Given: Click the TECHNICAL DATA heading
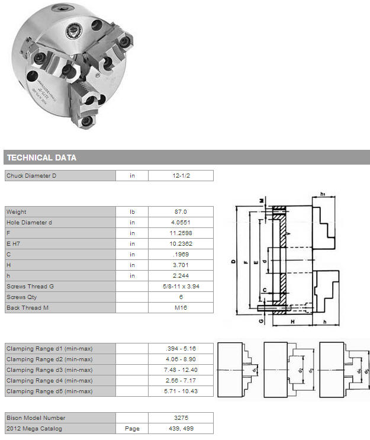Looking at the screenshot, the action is tap(42, 158).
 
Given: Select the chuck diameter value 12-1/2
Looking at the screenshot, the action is tap(181, 176).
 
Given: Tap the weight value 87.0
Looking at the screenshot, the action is tap(181, 211).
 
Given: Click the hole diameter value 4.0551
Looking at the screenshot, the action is tap(181, 222).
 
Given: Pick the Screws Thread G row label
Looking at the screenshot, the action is tap(30, 286).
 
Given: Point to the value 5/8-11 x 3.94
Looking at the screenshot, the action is tap(181, 286).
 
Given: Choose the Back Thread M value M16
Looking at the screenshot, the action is tap(181, 307).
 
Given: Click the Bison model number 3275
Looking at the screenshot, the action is tap(181, 417).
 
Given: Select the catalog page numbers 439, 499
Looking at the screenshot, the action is tap(181, 428).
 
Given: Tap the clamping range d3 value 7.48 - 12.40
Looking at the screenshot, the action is tap(181, 370).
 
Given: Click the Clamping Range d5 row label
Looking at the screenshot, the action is tap(49, 391).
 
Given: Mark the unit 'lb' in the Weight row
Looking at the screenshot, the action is tap(132, 211).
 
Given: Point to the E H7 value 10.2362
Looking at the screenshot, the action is tap(181, 243).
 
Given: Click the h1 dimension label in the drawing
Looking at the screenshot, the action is tap(323, 194).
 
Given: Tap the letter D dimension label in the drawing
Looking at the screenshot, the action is tap(233, 261).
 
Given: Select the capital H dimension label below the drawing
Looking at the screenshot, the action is tap(292, 322).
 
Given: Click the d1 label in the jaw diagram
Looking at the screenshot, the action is tap(254, 370).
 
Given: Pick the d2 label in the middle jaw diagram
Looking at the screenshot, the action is tap(300, 370).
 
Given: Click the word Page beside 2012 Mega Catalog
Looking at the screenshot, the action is tap(132, 429).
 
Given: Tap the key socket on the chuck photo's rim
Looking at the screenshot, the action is tap(62, 9).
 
